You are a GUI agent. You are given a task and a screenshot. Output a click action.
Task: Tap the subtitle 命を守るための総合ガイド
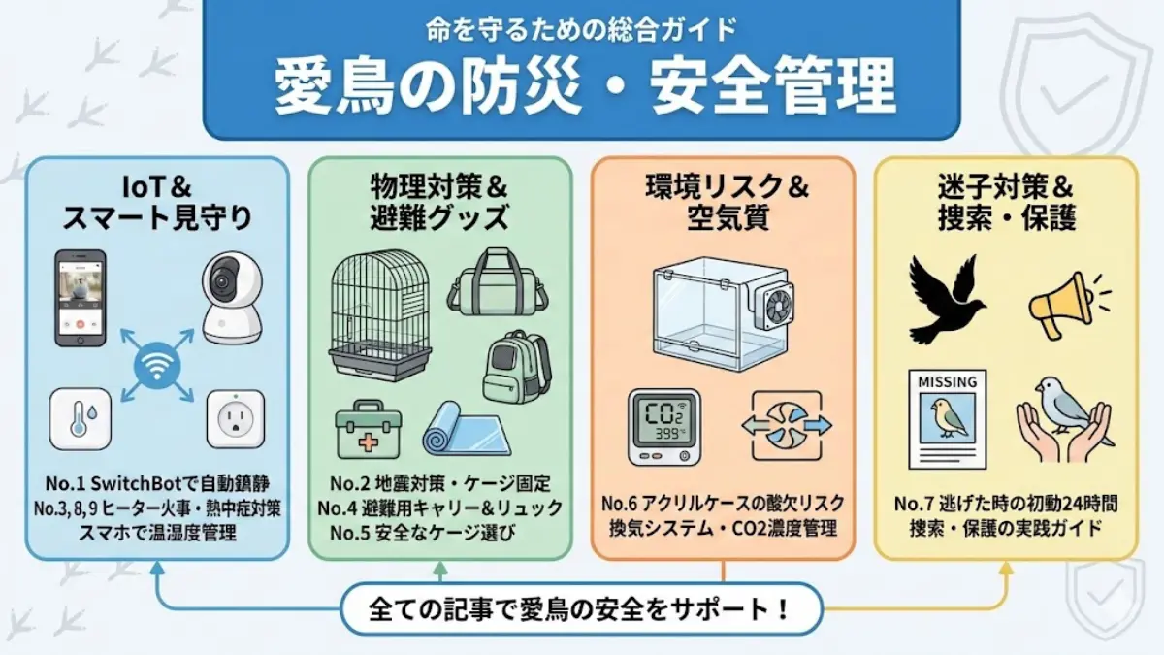coord(582,29)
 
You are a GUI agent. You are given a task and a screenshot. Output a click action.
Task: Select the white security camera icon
coord(231,297)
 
